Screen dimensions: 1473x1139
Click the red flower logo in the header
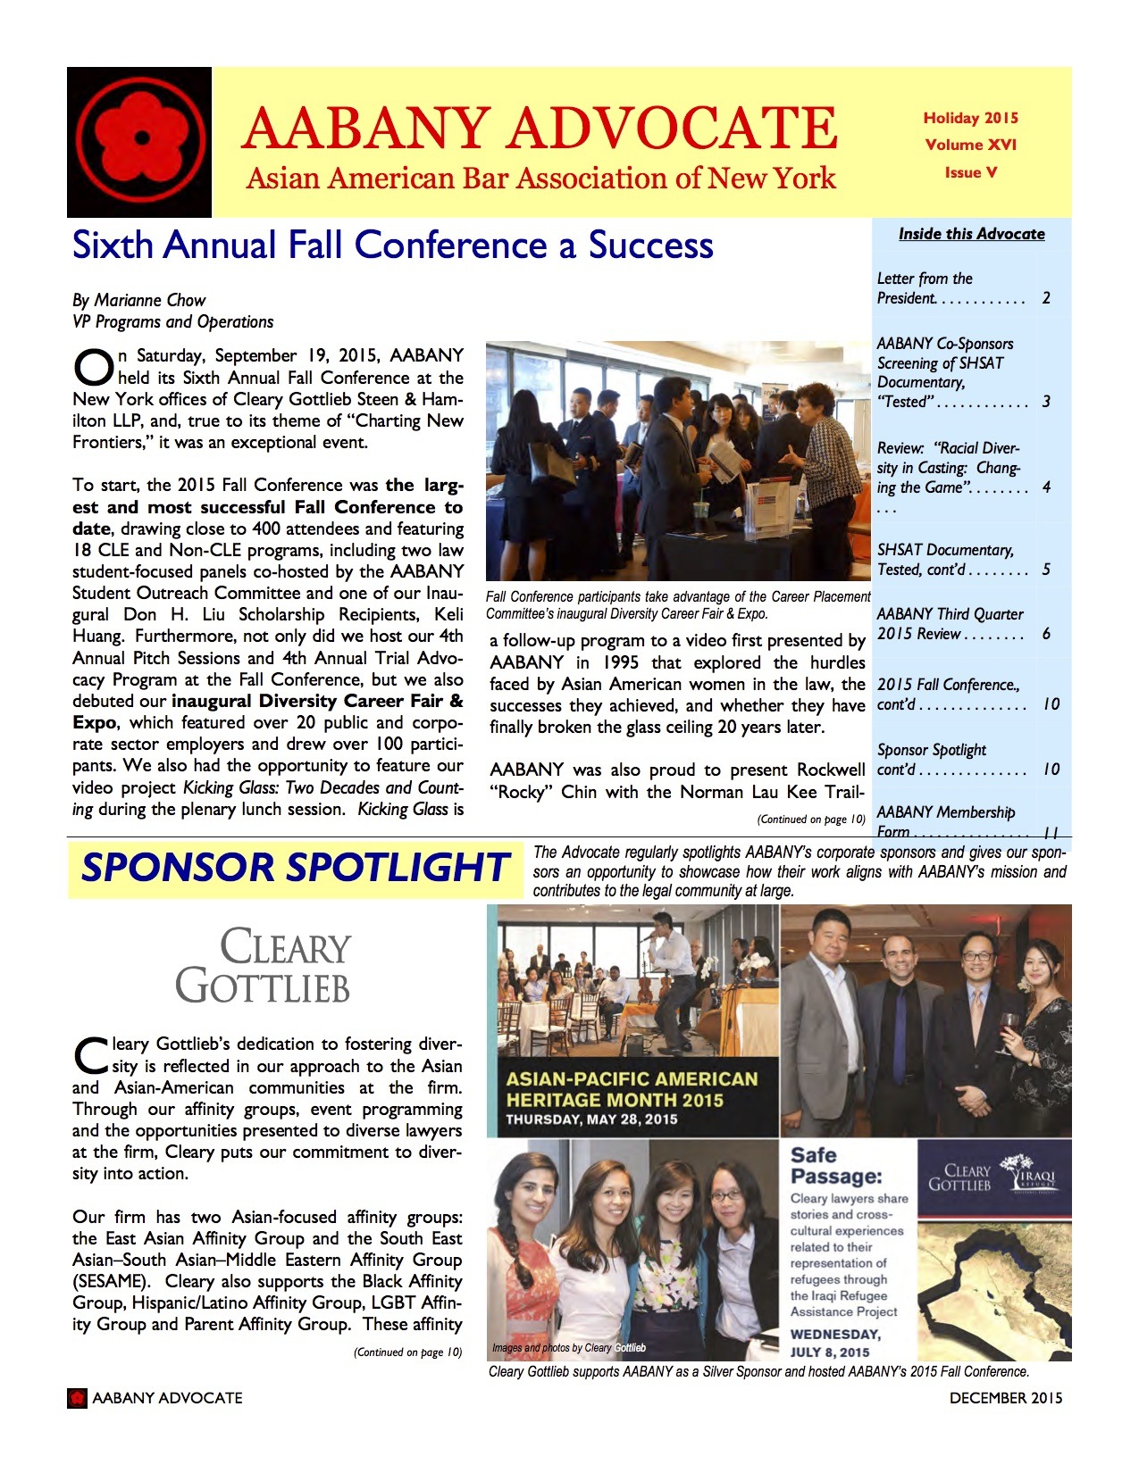pos(140,142)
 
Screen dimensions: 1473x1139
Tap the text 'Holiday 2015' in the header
pos(970,118)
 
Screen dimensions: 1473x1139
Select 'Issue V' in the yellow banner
pos(970,172)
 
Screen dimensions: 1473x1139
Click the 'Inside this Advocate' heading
pos(971,234)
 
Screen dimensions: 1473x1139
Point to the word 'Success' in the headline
pos(650,245)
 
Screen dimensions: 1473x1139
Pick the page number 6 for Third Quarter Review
pos(1046,634)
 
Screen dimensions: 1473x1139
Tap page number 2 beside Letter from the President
pos(1046,298)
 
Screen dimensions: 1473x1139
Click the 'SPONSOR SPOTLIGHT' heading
pos(294,868)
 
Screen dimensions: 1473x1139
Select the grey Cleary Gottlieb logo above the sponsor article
pos(264,966)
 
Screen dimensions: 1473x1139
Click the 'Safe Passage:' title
pos(836,1165)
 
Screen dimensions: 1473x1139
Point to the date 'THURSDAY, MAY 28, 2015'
pos(591,1119)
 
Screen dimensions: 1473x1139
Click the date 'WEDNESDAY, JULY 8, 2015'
pos(834,1343)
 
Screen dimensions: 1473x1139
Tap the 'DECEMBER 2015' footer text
pos(1005,1398)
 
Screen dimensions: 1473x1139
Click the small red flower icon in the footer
pos(78,1398)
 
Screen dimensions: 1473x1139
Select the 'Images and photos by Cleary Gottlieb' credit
pos(568,1348)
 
